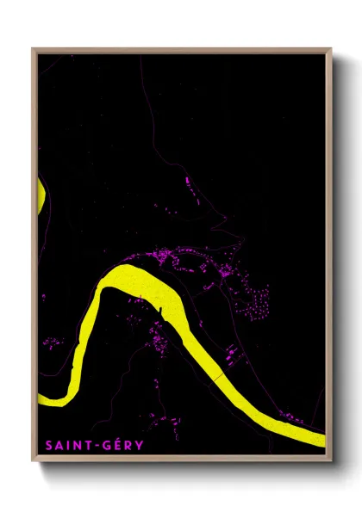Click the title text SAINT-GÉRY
(x=95, y=445)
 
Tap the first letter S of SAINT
(x=48, y=445)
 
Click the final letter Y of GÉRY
(x=140, y=445)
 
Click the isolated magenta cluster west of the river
(x=52, y=342)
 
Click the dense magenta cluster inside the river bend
(x=159, y=344)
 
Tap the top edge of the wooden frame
(x=181, y=51)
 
